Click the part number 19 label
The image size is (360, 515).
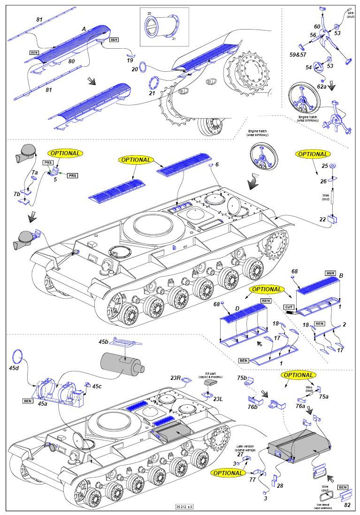pyautogui.click(x=130, y=60)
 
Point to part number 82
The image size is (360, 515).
pyautogui.click(x=347, y=505)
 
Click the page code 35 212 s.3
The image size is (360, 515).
pyautogui.click(x=184, y=507)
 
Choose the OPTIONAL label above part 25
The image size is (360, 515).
pyautogui.click(x=313, y=154)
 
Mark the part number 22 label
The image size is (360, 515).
pyautogui.click(x=322, y=219)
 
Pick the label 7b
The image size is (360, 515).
pyautogui.click(x=17, y=193)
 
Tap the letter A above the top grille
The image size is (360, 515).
pyautogui.click(x=84, y=29)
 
